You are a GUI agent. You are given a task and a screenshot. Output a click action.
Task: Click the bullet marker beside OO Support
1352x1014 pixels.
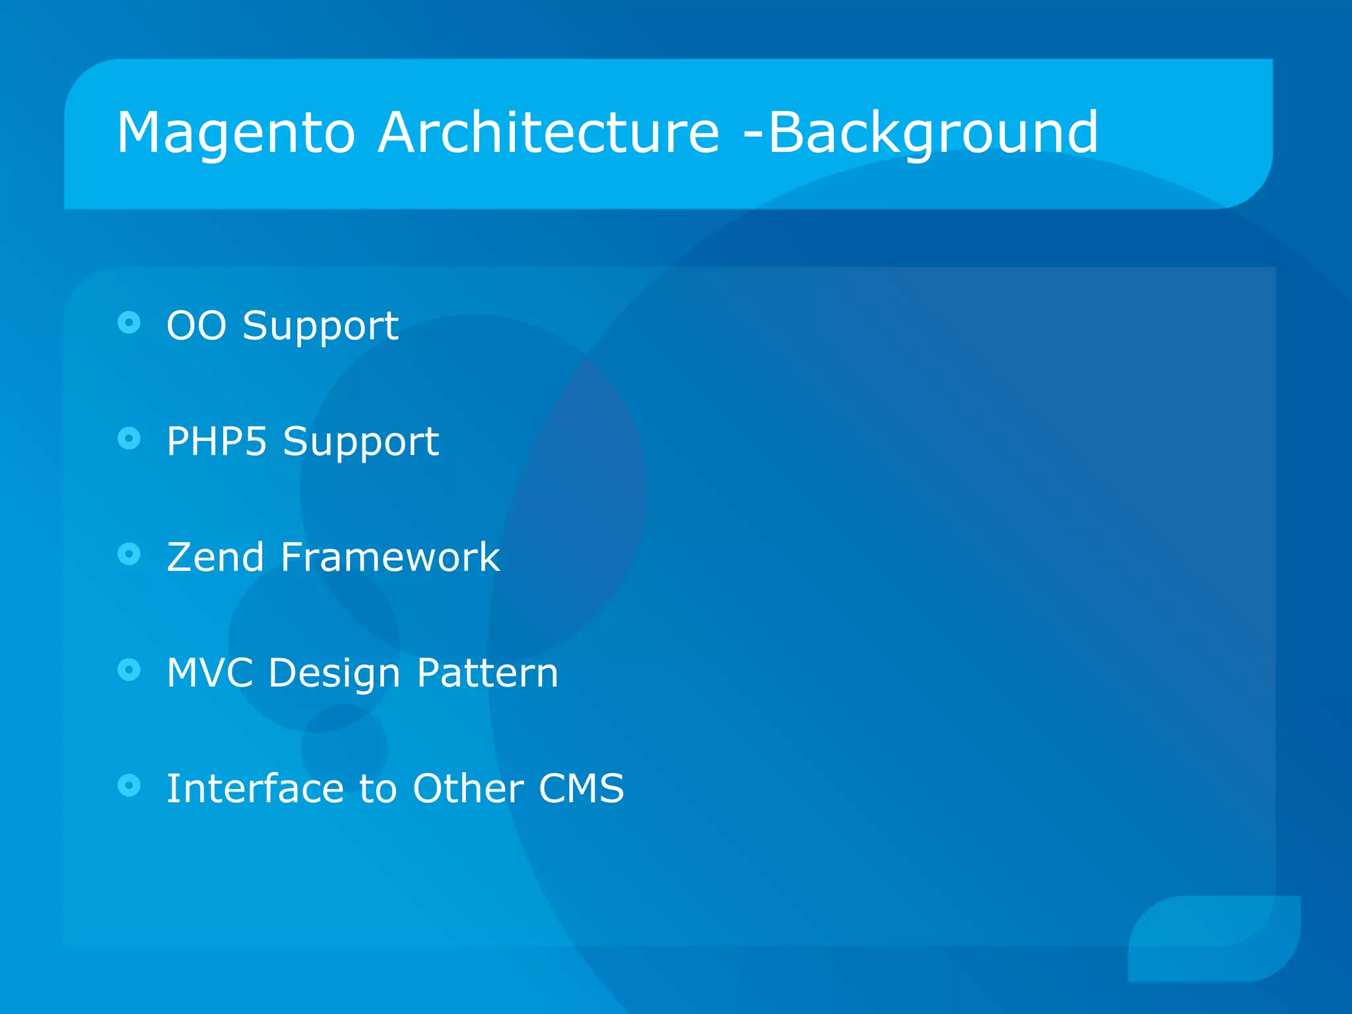point(129,323)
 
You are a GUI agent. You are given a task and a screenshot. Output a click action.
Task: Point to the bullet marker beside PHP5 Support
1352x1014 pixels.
point(129,438)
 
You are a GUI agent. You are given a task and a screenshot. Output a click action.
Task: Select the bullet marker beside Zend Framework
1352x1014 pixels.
point(129,554)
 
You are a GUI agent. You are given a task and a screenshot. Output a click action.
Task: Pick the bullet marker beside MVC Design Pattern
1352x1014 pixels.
point(129,669)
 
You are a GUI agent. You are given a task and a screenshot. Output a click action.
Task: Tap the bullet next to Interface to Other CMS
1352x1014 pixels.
point(129,785)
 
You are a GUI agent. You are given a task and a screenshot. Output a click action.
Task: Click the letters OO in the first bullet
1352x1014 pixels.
point(196,325)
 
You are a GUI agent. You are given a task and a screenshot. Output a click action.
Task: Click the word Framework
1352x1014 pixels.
point(390,557)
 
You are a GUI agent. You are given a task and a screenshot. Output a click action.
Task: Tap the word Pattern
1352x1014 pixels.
point(487,673)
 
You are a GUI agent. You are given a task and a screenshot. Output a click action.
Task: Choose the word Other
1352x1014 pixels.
point(467,788)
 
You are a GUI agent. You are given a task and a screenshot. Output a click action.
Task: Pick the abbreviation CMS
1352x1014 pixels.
point(581,788)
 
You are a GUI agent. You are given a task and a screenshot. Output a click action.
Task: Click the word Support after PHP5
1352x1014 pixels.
point(360,442)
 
